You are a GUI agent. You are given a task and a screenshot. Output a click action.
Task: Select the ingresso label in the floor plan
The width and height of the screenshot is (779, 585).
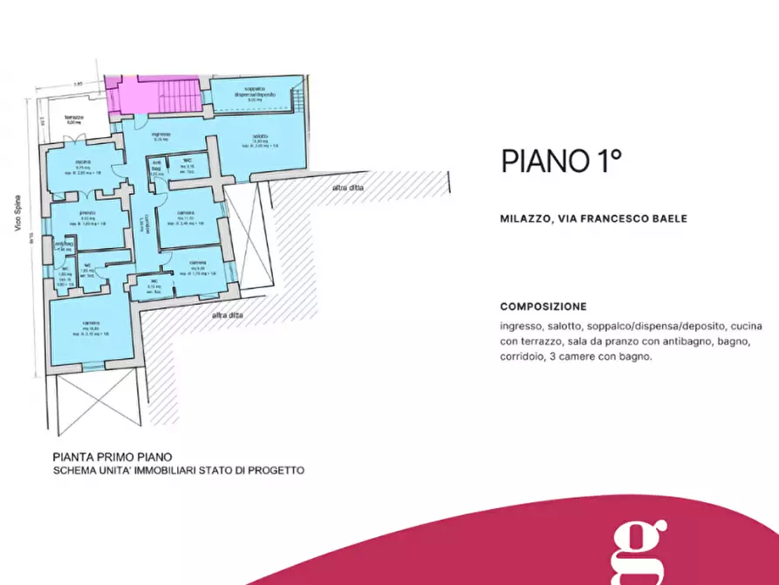(x=161, y=134)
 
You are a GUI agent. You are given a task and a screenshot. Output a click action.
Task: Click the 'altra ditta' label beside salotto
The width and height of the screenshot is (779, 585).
(x=348, y=188)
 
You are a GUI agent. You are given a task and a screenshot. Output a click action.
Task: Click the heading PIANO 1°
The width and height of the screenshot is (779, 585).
(x=560, y=161)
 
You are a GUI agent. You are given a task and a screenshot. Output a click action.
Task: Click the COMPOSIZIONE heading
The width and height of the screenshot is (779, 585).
(x=543, y=306)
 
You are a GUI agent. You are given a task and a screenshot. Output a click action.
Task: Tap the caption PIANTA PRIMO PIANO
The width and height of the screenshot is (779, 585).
(x=113, y=456)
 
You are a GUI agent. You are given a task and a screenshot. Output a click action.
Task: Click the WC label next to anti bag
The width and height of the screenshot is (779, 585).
(x=186, y=162)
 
